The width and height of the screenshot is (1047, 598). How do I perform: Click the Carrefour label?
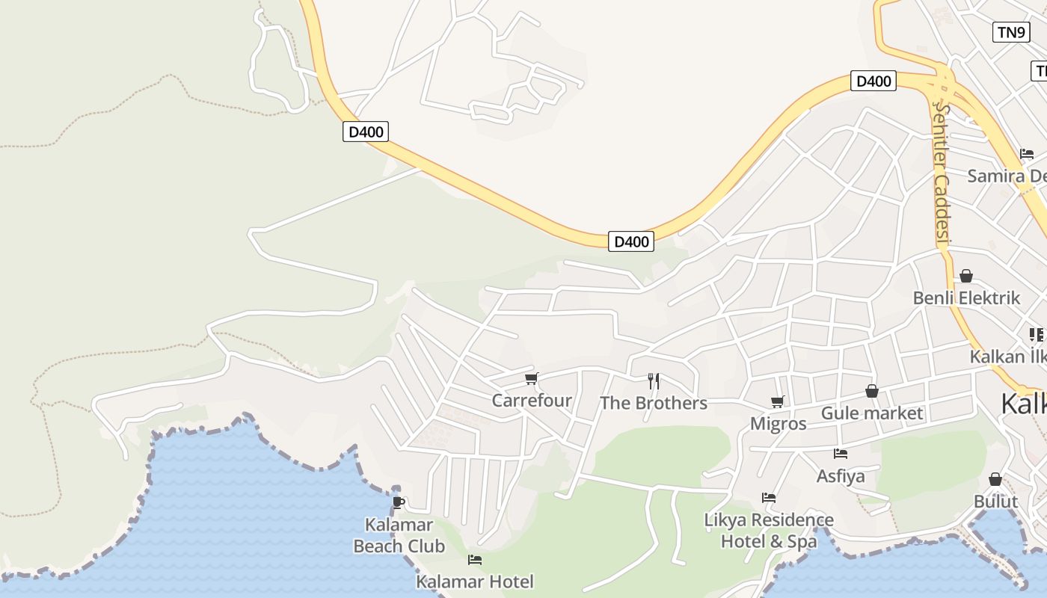(531, 401)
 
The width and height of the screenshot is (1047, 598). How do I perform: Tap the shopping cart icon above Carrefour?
(531, 379)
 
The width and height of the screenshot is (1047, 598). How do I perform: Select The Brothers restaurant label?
(653, 404)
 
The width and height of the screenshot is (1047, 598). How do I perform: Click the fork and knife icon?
(654, 381)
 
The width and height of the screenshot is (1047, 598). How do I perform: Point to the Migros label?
(778, 424)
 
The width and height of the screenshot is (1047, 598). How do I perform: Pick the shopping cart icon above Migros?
(778, 401)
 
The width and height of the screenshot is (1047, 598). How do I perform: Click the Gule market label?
(872, 413)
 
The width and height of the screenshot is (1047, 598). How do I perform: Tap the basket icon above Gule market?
(872, 391)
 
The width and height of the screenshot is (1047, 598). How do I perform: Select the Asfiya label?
(841, 476)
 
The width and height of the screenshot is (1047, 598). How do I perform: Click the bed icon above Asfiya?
(841, 453)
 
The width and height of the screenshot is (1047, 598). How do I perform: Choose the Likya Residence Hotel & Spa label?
(769, 530)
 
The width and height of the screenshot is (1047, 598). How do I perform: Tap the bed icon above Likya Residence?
(768, 498)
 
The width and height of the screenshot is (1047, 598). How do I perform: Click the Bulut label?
(995, 501)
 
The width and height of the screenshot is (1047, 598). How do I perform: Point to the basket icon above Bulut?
(995, 479)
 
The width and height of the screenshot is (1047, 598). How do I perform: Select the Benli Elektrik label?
(966, 298)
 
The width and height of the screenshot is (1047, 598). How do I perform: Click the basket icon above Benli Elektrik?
(966, 276)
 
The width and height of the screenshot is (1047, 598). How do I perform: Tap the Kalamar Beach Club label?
(399, 535)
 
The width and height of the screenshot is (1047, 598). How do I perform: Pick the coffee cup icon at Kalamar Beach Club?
(398, 502)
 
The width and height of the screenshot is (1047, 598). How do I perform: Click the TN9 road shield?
(1011, 32)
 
